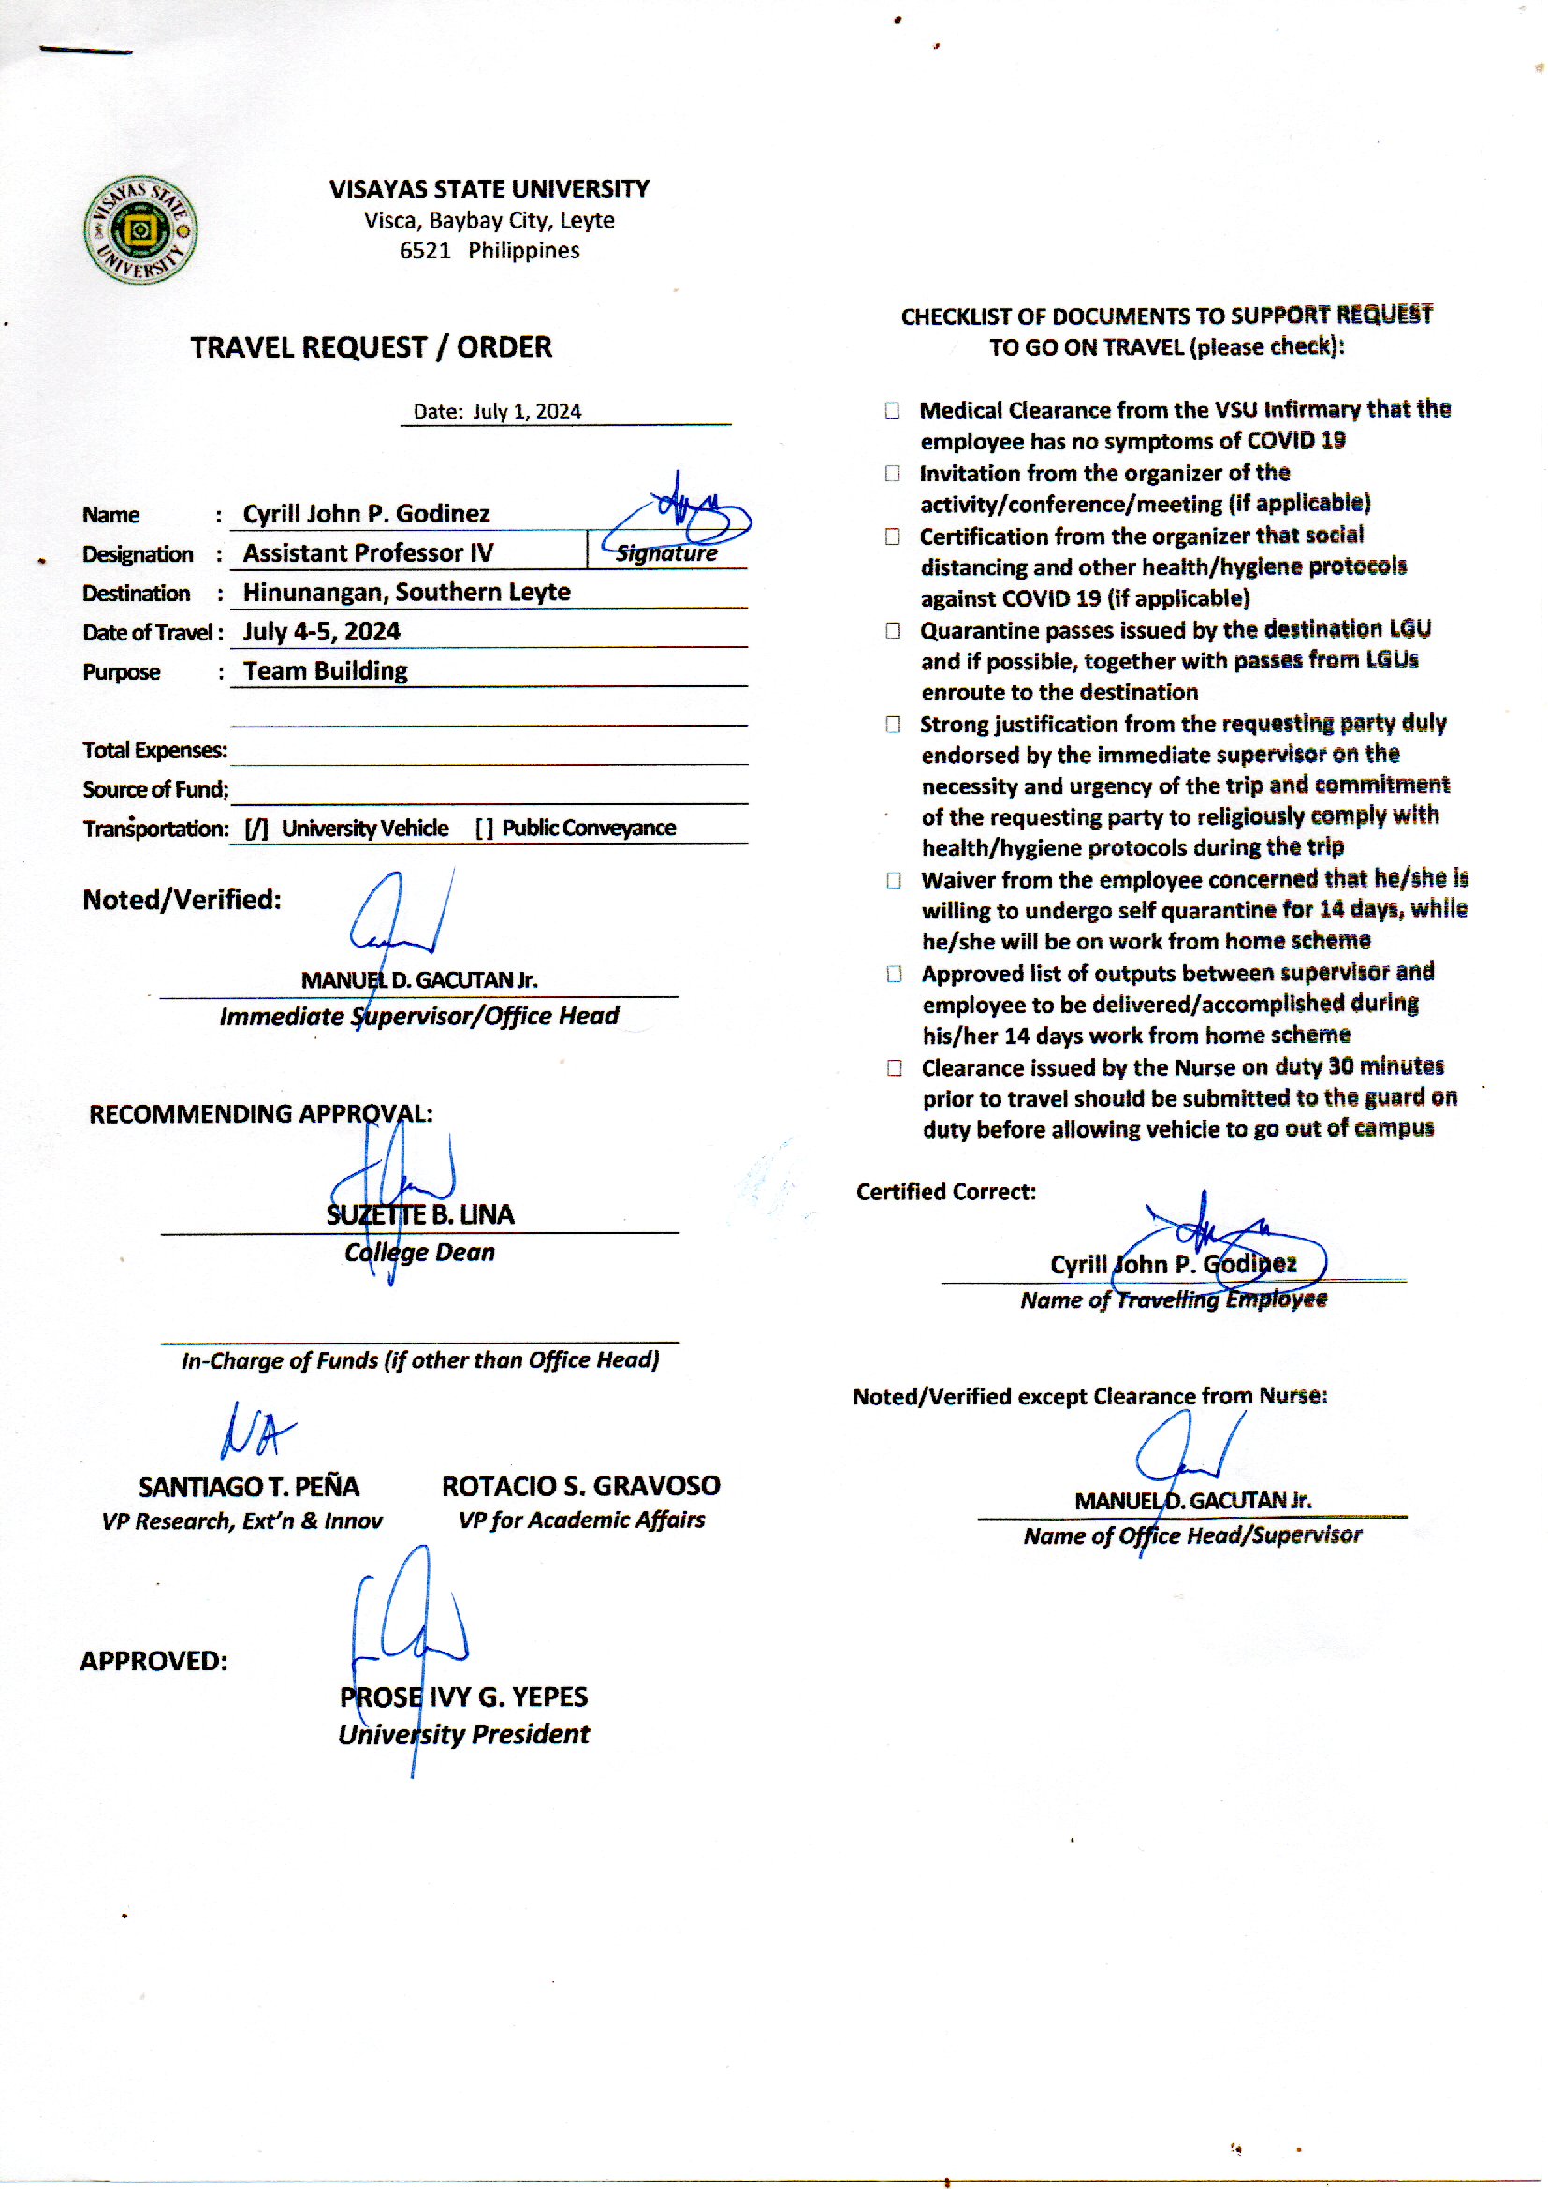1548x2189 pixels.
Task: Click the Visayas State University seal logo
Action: [x=140, y=229]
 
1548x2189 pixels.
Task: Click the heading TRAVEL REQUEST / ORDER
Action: [x=371, y=347]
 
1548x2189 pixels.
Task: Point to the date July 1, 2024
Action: [x=526, y=412]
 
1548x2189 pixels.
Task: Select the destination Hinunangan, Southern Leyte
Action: [x=406, y=592]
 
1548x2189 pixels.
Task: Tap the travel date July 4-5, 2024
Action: [x=321, y=631]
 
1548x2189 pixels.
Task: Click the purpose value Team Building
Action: [x=325, y=671]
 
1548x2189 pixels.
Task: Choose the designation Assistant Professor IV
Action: [x=368, y=553]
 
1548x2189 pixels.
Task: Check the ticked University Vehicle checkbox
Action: [x=256, y=829]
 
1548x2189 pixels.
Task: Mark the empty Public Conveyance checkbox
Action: [x=484, y=829]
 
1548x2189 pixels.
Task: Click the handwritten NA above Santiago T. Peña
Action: [x=255, y=1431]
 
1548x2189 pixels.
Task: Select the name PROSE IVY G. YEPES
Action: [x=464, y=1698]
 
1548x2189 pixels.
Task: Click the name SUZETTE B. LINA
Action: [x=420, y=1214]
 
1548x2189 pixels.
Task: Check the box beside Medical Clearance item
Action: [x=892, y=411]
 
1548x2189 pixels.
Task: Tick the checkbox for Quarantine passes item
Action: [x=893, y=631]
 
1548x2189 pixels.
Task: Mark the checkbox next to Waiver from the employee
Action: [x=894, y=880]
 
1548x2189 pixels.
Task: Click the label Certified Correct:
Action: [x=945, y=1193]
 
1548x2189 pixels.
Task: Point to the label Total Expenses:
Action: [x=154, y=750]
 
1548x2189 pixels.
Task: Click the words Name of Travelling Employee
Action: [x=1174, y=1300]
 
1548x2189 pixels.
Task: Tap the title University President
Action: [x=464, y=1734]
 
